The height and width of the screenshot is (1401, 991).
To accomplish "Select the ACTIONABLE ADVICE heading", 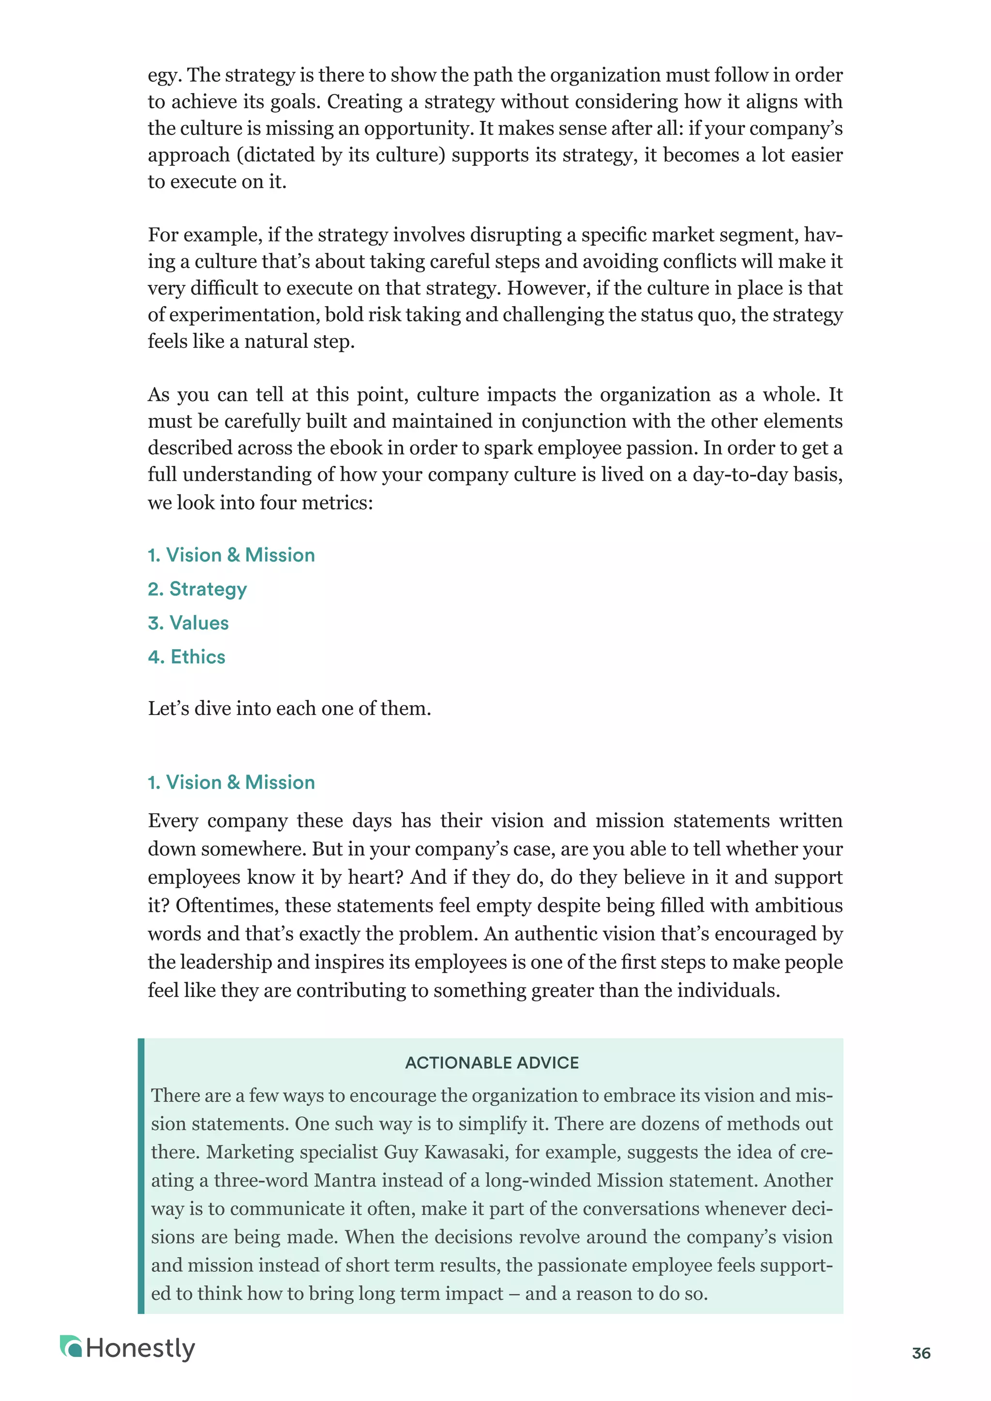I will [492, 1062].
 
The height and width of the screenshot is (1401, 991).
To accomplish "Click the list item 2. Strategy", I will [197, 589].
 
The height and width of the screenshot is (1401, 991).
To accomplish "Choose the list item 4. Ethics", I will [186, 656].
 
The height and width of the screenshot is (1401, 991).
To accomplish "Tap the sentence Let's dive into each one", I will [289, 708].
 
